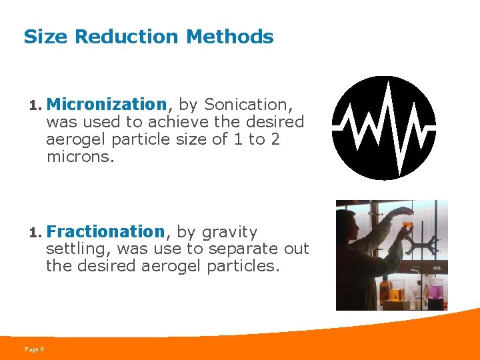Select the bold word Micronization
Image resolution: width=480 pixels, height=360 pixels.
click(x=107, y=105)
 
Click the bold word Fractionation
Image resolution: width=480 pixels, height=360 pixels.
click(x=105, y=232)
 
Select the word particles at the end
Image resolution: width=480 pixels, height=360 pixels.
click(x=243, y=266)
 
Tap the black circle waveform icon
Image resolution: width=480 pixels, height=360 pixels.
click(x=384, y=128)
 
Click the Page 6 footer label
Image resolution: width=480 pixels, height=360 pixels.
click(x=34, y=349)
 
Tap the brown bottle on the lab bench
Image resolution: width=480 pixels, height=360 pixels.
click(x=385, y=291)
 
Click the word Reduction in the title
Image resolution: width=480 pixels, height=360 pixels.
click(x=128, y=37)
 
